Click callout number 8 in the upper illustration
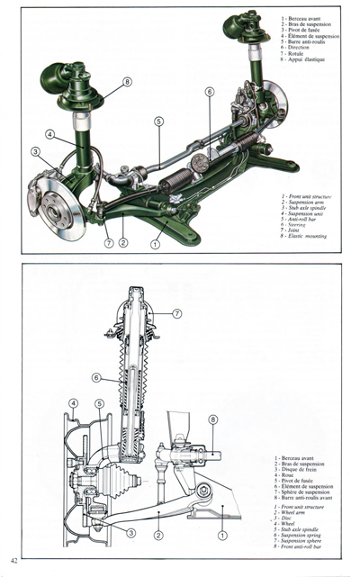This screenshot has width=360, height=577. click(128, 82)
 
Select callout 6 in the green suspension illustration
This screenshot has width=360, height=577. click(209, 92)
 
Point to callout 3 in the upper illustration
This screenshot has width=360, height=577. click(36, 151)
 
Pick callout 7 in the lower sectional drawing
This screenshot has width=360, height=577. click(177, 313)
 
